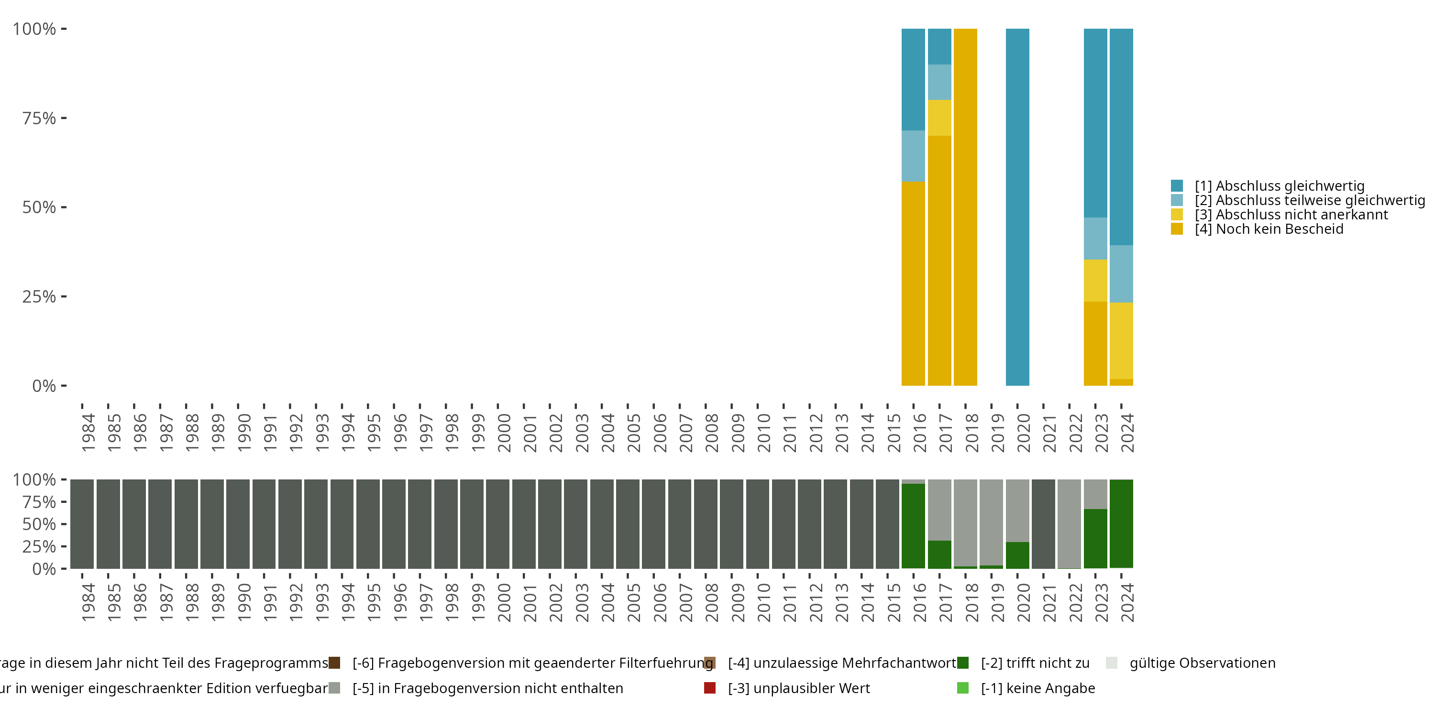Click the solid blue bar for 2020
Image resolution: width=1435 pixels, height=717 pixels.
[x=1017, y=206]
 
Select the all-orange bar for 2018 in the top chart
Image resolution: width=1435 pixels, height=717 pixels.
[x=965, y=206]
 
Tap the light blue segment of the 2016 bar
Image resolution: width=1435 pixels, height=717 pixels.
[x=913, y=156]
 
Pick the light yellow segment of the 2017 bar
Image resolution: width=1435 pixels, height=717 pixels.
[x=939, y=118]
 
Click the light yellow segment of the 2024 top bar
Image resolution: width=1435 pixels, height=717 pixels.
[x=1121, y=341]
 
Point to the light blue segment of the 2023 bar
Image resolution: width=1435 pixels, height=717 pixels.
[x=1095, y=238]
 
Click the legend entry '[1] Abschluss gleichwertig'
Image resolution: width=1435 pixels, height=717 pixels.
[x=1279, y=186]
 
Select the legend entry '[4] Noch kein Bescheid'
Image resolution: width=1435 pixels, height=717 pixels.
[x=1269, y=229]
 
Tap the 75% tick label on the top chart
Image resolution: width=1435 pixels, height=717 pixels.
[x=39, y=118]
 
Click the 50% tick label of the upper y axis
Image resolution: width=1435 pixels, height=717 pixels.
[x=39, y=207]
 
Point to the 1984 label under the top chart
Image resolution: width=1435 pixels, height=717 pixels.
[x=88, y=433]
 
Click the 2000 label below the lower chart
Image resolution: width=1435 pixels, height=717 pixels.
[x=504, y=602]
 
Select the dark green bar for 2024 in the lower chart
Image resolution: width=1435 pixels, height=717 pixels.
[x=1121, y=523]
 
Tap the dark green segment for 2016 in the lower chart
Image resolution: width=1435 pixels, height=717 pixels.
[x=913, y=526]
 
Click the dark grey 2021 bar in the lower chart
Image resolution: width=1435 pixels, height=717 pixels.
[x=1043, y=523]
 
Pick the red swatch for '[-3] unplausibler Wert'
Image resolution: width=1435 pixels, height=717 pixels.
[x=710, y=688]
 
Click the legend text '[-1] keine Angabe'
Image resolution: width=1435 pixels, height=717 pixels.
[x=1038, y=688]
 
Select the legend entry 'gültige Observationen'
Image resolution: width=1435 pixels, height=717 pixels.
[x=1202, y=663]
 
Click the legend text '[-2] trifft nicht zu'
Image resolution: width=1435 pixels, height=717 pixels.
[x=1035, y=663]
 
